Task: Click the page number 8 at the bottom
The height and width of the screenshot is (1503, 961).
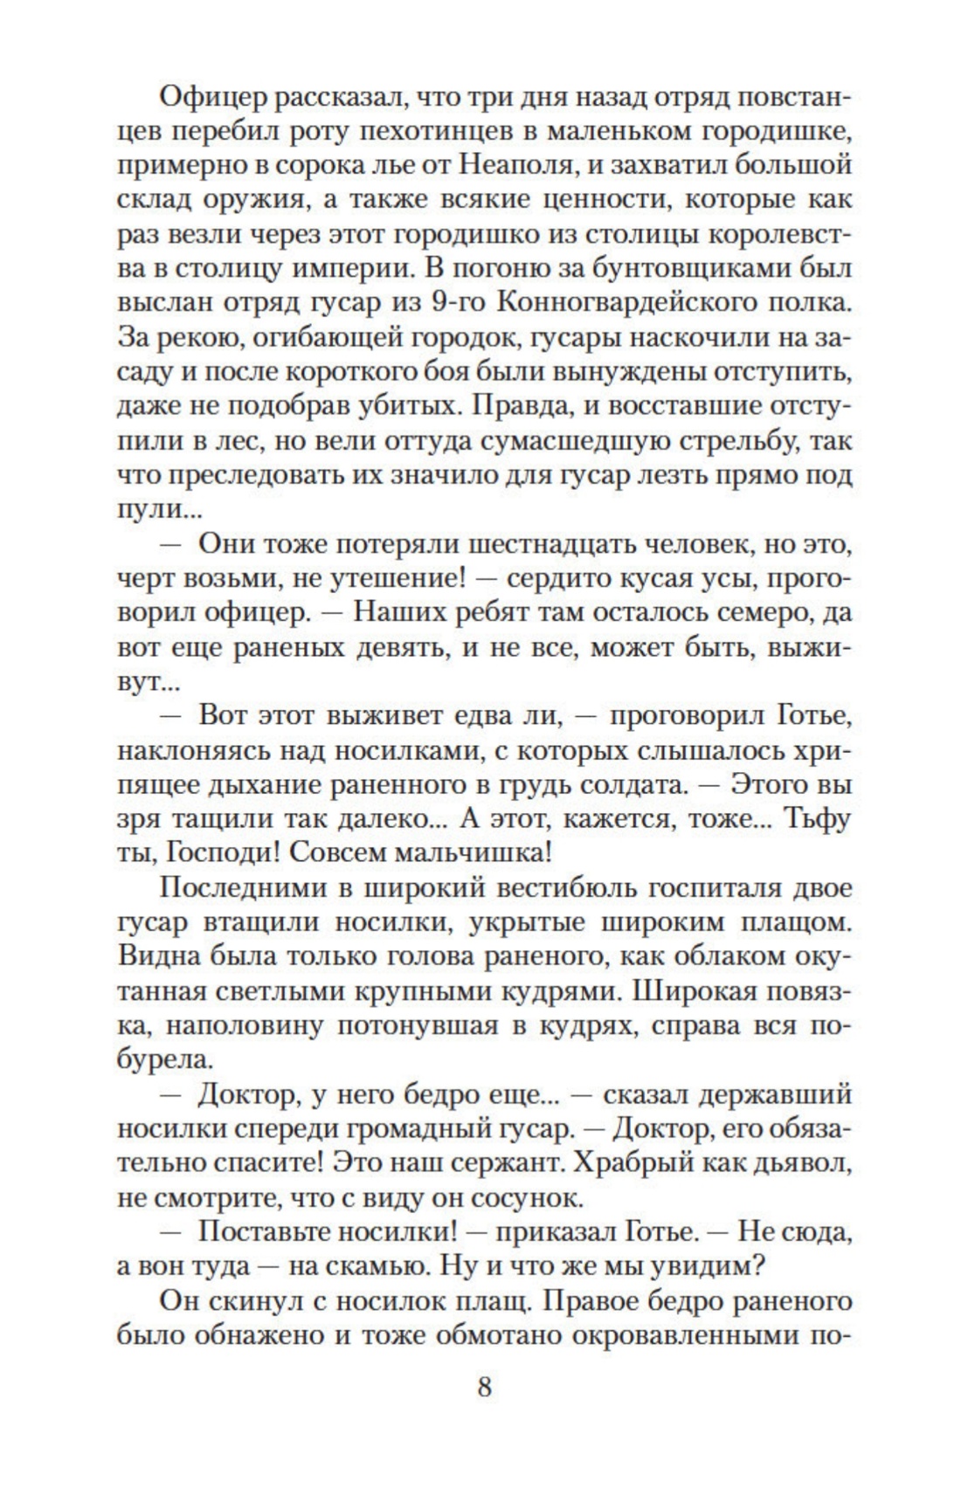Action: point(485,1386)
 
